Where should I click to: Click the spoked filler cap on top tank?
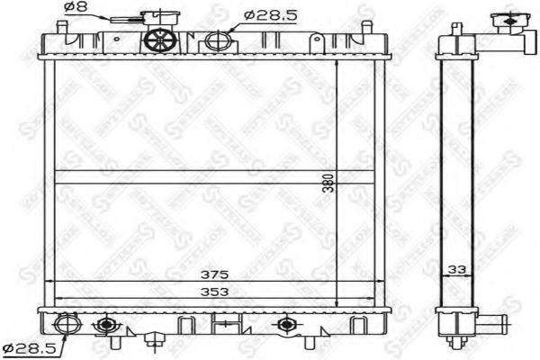[x=159, y=40]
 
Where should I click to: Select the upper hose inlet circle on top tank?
[x=217, y=40]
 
